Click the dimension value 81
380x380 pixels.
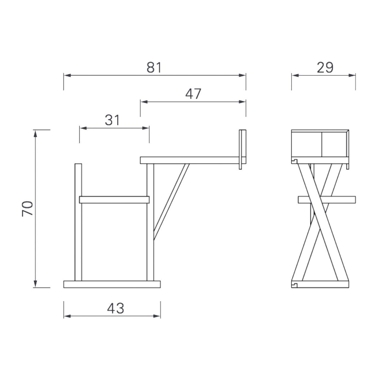tap(154, 67)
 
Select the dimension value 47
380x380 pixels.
tap(193, 94)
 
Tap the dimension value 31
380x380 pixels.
tap(112, 120)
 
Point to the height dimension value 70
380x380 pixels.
tap(27, 209)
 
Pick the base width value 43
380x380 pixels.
tap(116, 308)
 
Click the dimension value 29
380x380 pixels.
tap(325, 67)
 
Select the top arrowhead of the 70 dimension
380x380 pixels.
tap(35, 133)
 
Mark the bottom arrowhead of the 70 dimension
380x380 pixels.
tap(35, 284)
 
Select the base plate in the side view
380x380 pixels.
tap(112, 284)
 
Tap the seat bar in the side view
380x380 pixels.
tap(114, 200)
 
